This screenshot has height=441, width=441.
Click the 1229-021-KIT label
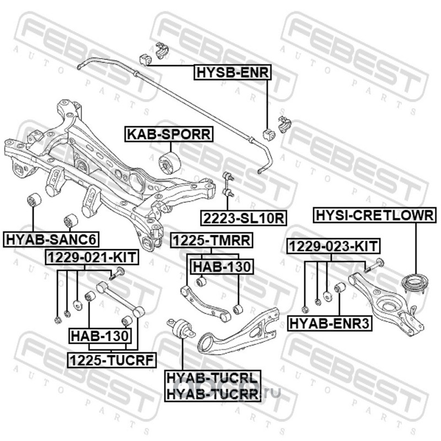pos(92,257)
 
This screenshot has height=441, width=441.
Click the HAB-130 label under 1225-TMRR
pos(221,267)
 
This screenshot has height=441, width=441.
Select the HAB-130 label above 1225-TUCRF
pos(99,335)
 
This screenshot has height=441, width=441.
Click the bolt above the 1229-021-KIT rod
pos(119,271)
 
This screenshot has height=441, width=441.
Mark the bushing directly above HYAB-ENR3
pos(340,288)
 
